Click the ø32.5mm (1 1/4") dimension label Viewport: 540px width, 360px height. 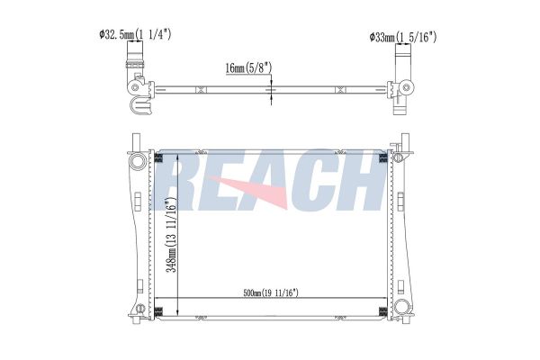pyautogui.click(x=135, y=34)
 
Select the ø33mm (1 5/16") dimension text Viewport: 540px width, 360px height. pyautogui.click(x=403, y=37)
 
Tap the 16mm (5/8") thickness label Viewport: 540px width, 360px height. pyautogui.click(x=248, y=67)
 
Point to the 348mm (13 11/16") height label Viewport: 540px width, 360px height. pyautogui.click(x=171, y=235)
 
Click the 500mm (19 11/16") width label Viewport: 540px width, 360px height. pyautogui.click(x=271, y=293)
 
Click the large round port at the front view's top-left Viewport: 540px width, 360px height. pyautogui.click(x=138, y=161)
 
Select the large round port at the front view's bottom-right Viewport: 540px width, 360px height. pyautogui.click(x=401, y=306)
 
